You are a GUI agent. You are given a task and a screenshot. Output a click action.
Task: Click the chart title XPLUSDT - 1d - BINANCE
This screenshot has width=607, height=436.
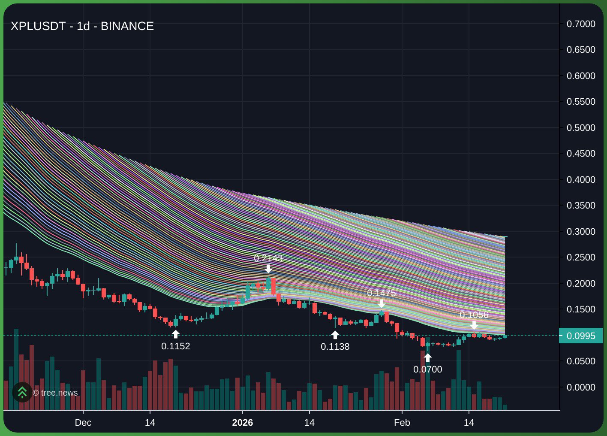click(x=82, y=26)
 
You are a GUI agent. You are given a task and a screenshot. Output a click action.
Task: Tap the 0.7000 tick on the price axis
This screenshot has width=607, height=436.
click(x=581, y=24)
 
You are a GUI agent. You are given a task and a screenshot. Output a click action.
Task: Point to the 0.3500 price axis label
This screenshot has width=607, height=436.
click(x=581, y=206)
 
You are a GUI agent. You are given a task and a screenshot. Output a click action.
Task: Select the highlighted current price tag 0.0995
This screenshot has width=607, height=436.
click(x=581, y=336)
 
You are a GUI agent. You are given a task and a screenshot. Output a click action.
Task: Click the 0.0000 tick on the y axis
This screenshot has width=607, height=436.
click(x=581, y=388)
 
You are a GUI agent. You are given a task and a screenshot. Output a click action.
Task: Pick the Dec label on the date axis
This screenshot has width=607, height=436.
click(x=83, y=423)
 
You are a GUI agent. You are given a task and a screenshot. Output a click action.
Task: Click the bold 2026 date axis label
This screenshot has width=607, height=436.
click(x=242, y=423)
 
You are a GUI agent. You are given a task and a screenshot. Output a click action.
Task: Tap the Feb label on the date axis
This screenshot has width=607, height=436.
click(x=402, y=423)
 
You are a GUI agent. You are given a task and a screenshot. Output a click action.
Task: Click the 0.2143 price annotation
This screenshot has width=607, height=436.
click(x=268, y=258)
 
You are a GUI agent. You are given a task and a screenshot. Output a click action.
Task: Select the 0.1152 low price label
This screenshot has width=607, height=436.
click(x=175, y=346)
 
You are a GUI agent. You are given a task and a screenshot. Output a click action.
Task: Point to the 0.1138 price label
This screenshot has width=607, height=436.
click(x=335, y=346)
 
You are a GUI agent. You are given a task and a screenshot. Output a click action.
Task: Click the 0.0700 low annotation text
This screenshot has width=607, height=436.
click(x=427, y=369)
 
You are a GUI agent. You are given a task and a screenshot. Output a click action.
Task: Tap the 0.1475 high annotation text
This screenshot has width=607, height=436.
click(x=381, y=293)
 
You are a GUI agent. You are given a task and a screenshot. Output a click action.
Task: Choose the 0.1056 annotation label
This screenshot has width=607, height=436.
click(x=474, y=315)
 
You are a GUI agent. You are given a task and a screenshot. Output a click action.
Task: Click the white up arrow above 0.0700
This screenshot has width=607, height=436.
click(x=427, y=357)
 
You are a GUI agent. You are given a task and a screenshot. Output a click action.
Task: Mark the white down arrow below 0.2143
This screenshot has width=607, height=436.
click(x=268, y=269)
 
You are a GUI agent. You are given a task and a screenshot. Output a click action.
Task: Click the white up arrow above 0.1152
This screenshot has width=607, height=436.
click(x=175, y=334)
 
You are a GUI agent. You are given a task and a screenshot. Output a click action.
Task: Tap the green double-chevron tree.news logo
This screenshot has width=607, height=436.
click(x=22, y=392)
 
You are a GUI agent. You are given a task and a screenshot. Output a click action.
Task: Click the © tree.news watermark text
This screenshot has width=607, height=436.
click(x=55, y=393)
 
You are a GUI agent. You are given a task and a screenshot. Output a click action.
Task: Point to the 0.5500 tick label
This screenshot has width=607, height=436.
click(x=581, y=102)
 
